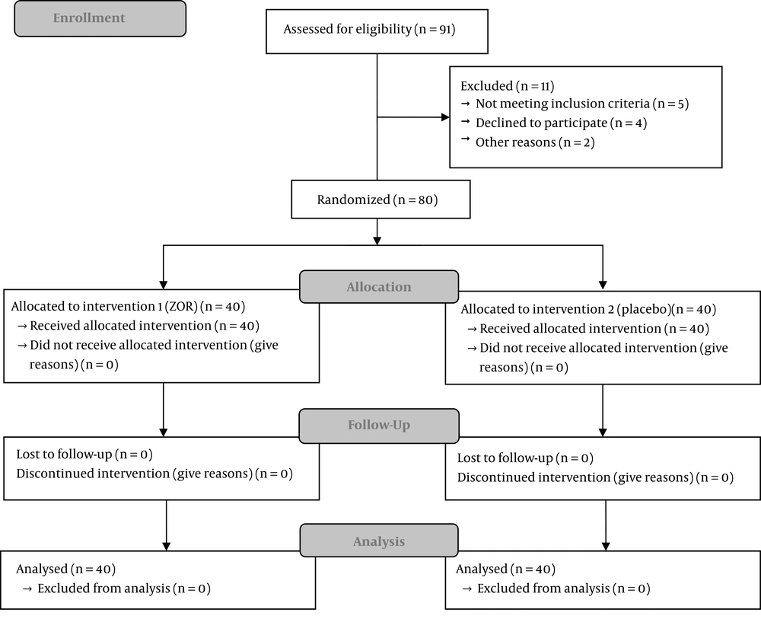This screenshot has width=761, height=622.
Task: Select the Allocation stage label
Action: point(378,287)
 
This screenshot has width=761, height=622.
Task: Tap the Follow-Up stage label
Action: point(378,426)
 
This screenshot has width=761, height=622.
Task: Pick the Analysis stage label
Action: point(378,541)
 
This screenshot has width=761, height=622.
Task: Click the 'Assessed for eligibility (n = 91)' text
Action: point(369,30)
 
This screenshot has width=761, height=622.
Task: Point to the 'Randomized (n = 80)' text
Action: point(377,200)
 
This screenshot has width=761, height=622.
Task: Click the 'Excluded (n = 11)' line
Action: point(507,86)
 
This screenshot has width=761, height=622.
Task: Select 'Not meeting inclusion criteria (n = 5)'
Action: point(582,104)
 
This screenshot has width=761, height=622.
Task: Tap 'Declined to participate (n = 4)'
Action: point(561,123)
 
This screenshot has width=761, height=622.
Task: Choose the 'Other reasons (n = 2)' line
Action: point(535,143)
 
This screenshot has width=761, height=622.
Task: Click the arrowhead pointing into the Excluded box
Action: point(445,117)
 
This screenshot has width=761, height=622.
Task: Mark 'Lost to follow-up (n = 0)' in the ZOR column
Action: point(84,455)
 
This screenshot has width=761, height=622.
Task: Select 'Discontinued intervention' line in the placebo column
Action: point(595,478)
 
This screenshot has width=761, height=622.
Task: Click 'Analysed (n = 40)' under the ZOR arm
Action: point(66,569)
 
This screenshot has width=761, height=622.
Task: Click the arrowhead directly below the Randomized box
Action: point(377,241)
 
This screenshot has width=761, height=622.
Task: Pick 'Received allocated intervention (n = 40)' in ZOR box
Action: point(145,326)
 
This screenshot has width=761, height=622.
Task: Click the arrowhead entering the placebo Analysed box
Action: point(606,546)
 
